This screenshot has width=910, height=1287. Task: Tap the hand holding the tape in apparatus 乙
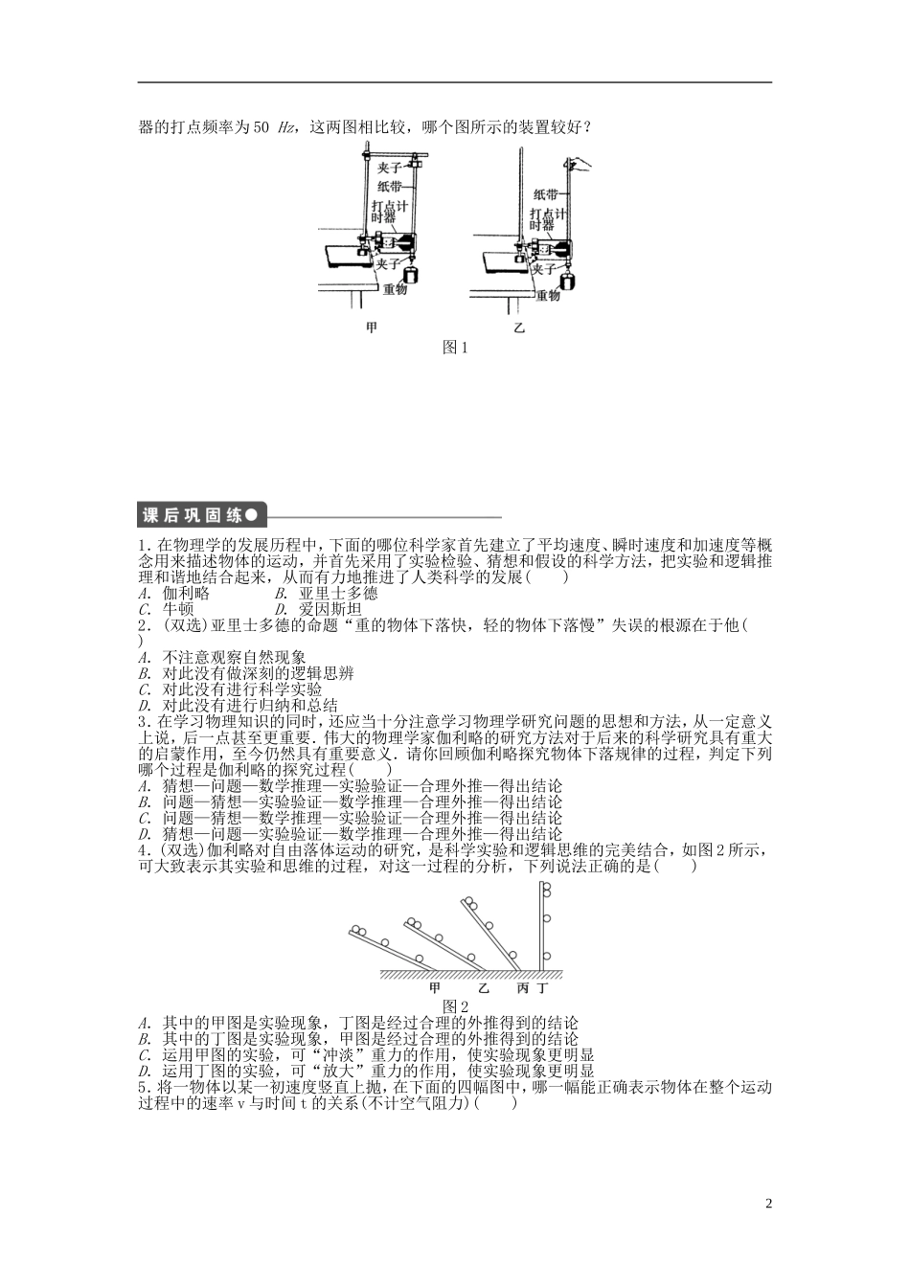pos(581,167)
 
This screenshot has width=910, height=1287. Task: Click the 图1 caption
pos(454,349)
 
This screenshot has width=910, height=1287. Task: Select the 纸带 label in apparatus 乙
pos(545,193)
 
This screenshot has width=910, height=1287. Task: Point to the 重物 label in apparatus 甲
pos(396,288)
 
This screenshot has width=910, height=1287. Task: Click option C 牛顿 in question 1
pos(171,609)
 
